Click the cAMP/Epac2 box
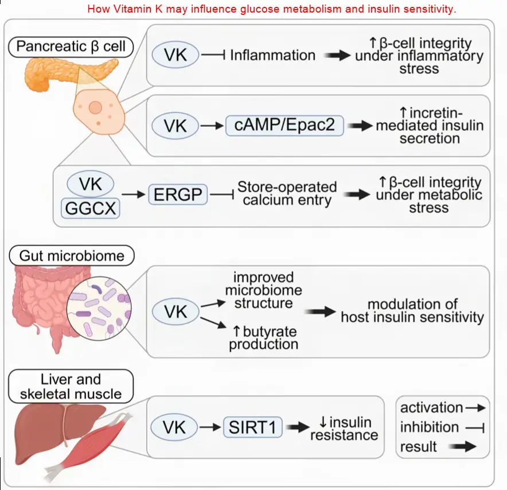(285, 125)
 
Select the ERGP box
(178, 195)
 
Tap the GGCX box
(92, 207)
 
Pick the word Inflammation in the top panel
(272, 55)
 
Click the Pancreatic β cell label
(71, 46)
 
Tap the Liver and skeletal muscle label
(71, 386)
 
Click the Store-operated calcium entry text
(287, 194)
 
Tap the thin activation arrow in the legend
(475, 408)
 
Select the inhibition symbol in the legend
(475, 427)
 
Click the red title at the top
(271, 9)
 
